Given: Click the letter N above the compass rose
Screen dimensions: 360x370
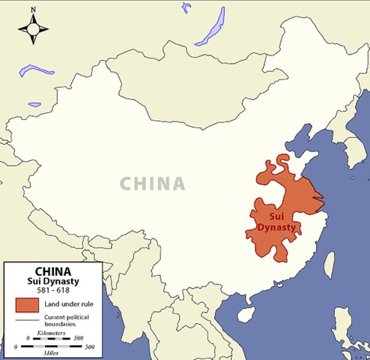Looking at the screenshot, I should click(x=34, y=10).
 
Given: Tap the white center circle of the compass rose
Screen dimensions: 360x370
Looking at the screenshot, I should click(x=34, y=31).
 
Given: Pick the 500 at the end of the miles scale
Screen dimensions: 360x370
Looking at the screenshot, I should click(x=88, y=346).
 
